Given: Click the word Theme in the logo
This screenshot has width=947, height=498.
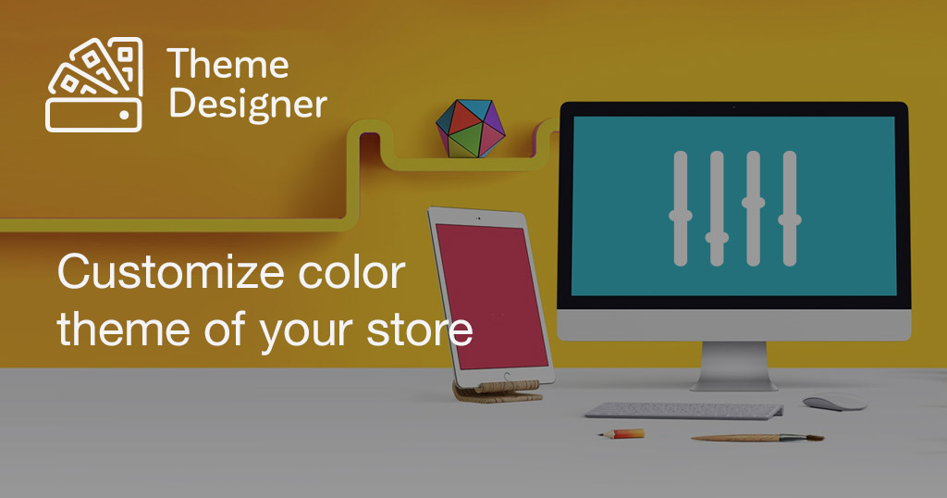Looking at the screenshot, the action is [x=228, y=64].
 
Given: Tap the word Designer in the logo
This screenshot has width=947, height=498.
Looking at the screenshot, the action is [x=248, y=104].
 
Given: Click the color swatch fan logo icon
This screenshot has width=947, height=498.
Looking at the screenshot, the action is [x=94, y=84].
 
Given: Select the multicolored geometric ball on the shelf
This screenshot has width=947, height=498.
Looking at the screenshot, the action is [x=471, y=129].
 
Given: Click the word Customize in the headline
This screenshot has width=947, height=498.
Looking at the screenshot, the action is [x=171, y=272].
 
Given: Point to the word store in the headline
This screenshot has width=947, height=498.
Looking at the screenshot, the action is [x=419, y=330].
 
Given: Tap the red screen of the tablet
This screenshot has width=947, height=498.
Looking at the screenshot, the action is [x=492, y=297].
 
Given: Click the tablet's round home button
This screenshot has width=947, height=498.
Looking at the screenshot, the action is [x=507, y=377].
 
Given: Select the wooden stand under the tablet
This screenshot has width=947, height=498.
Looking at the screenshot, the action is [x=497, y=391].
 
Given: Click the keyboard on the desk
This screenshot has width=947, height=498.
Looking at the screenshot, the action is [x=684, y=410].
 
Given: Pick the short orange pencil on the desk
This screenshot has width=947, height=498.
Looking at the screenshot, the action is [x=621, y=433].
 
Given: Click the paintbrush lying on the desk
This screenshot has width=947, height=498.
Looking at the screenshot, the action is [x=757, y=438].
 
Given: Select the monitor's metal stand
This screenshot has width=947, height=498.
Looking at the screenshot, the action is [x=733, y=367].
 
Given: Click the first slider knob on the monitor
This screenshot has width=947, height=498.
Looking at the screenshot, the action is [x=681, y=215].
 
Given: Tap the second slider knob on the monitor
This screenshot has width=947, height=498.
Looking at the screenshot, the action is [x=717, y=238].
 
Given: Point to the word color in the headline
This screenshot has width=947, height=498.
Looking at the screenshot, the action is [x=351, y=272].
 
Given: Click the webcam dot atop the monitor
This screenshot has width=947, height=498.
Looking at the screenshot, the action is [x=733, y=107].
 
